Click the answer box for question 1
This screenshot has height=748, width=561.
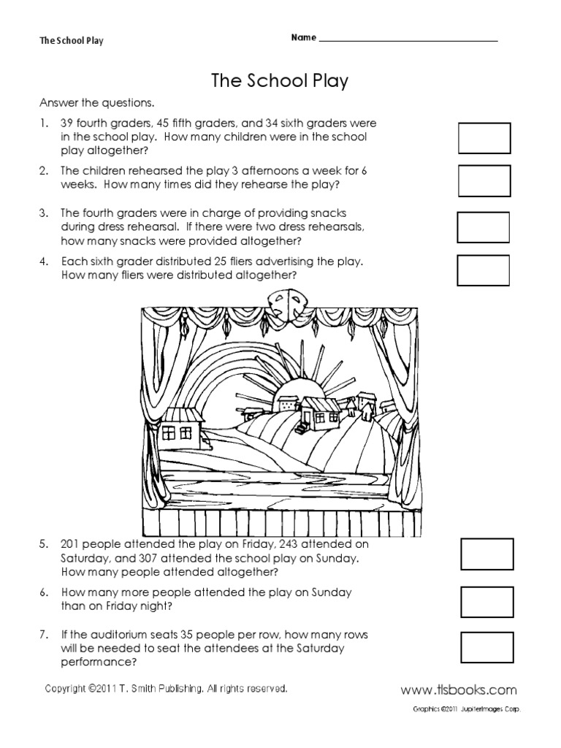(x=484, y=137)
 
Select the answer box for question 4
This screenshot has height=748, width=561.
(x=483, y=269)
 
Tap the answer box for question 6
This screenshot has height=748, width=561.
(x=486, y=602)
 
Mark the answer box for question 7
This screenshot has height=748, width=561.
(x=486, y=647)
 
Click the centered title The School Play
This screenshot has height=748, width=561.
(x=280, y=81)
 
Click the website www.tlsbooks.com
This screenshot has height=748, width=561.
(x=459, y=690)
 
